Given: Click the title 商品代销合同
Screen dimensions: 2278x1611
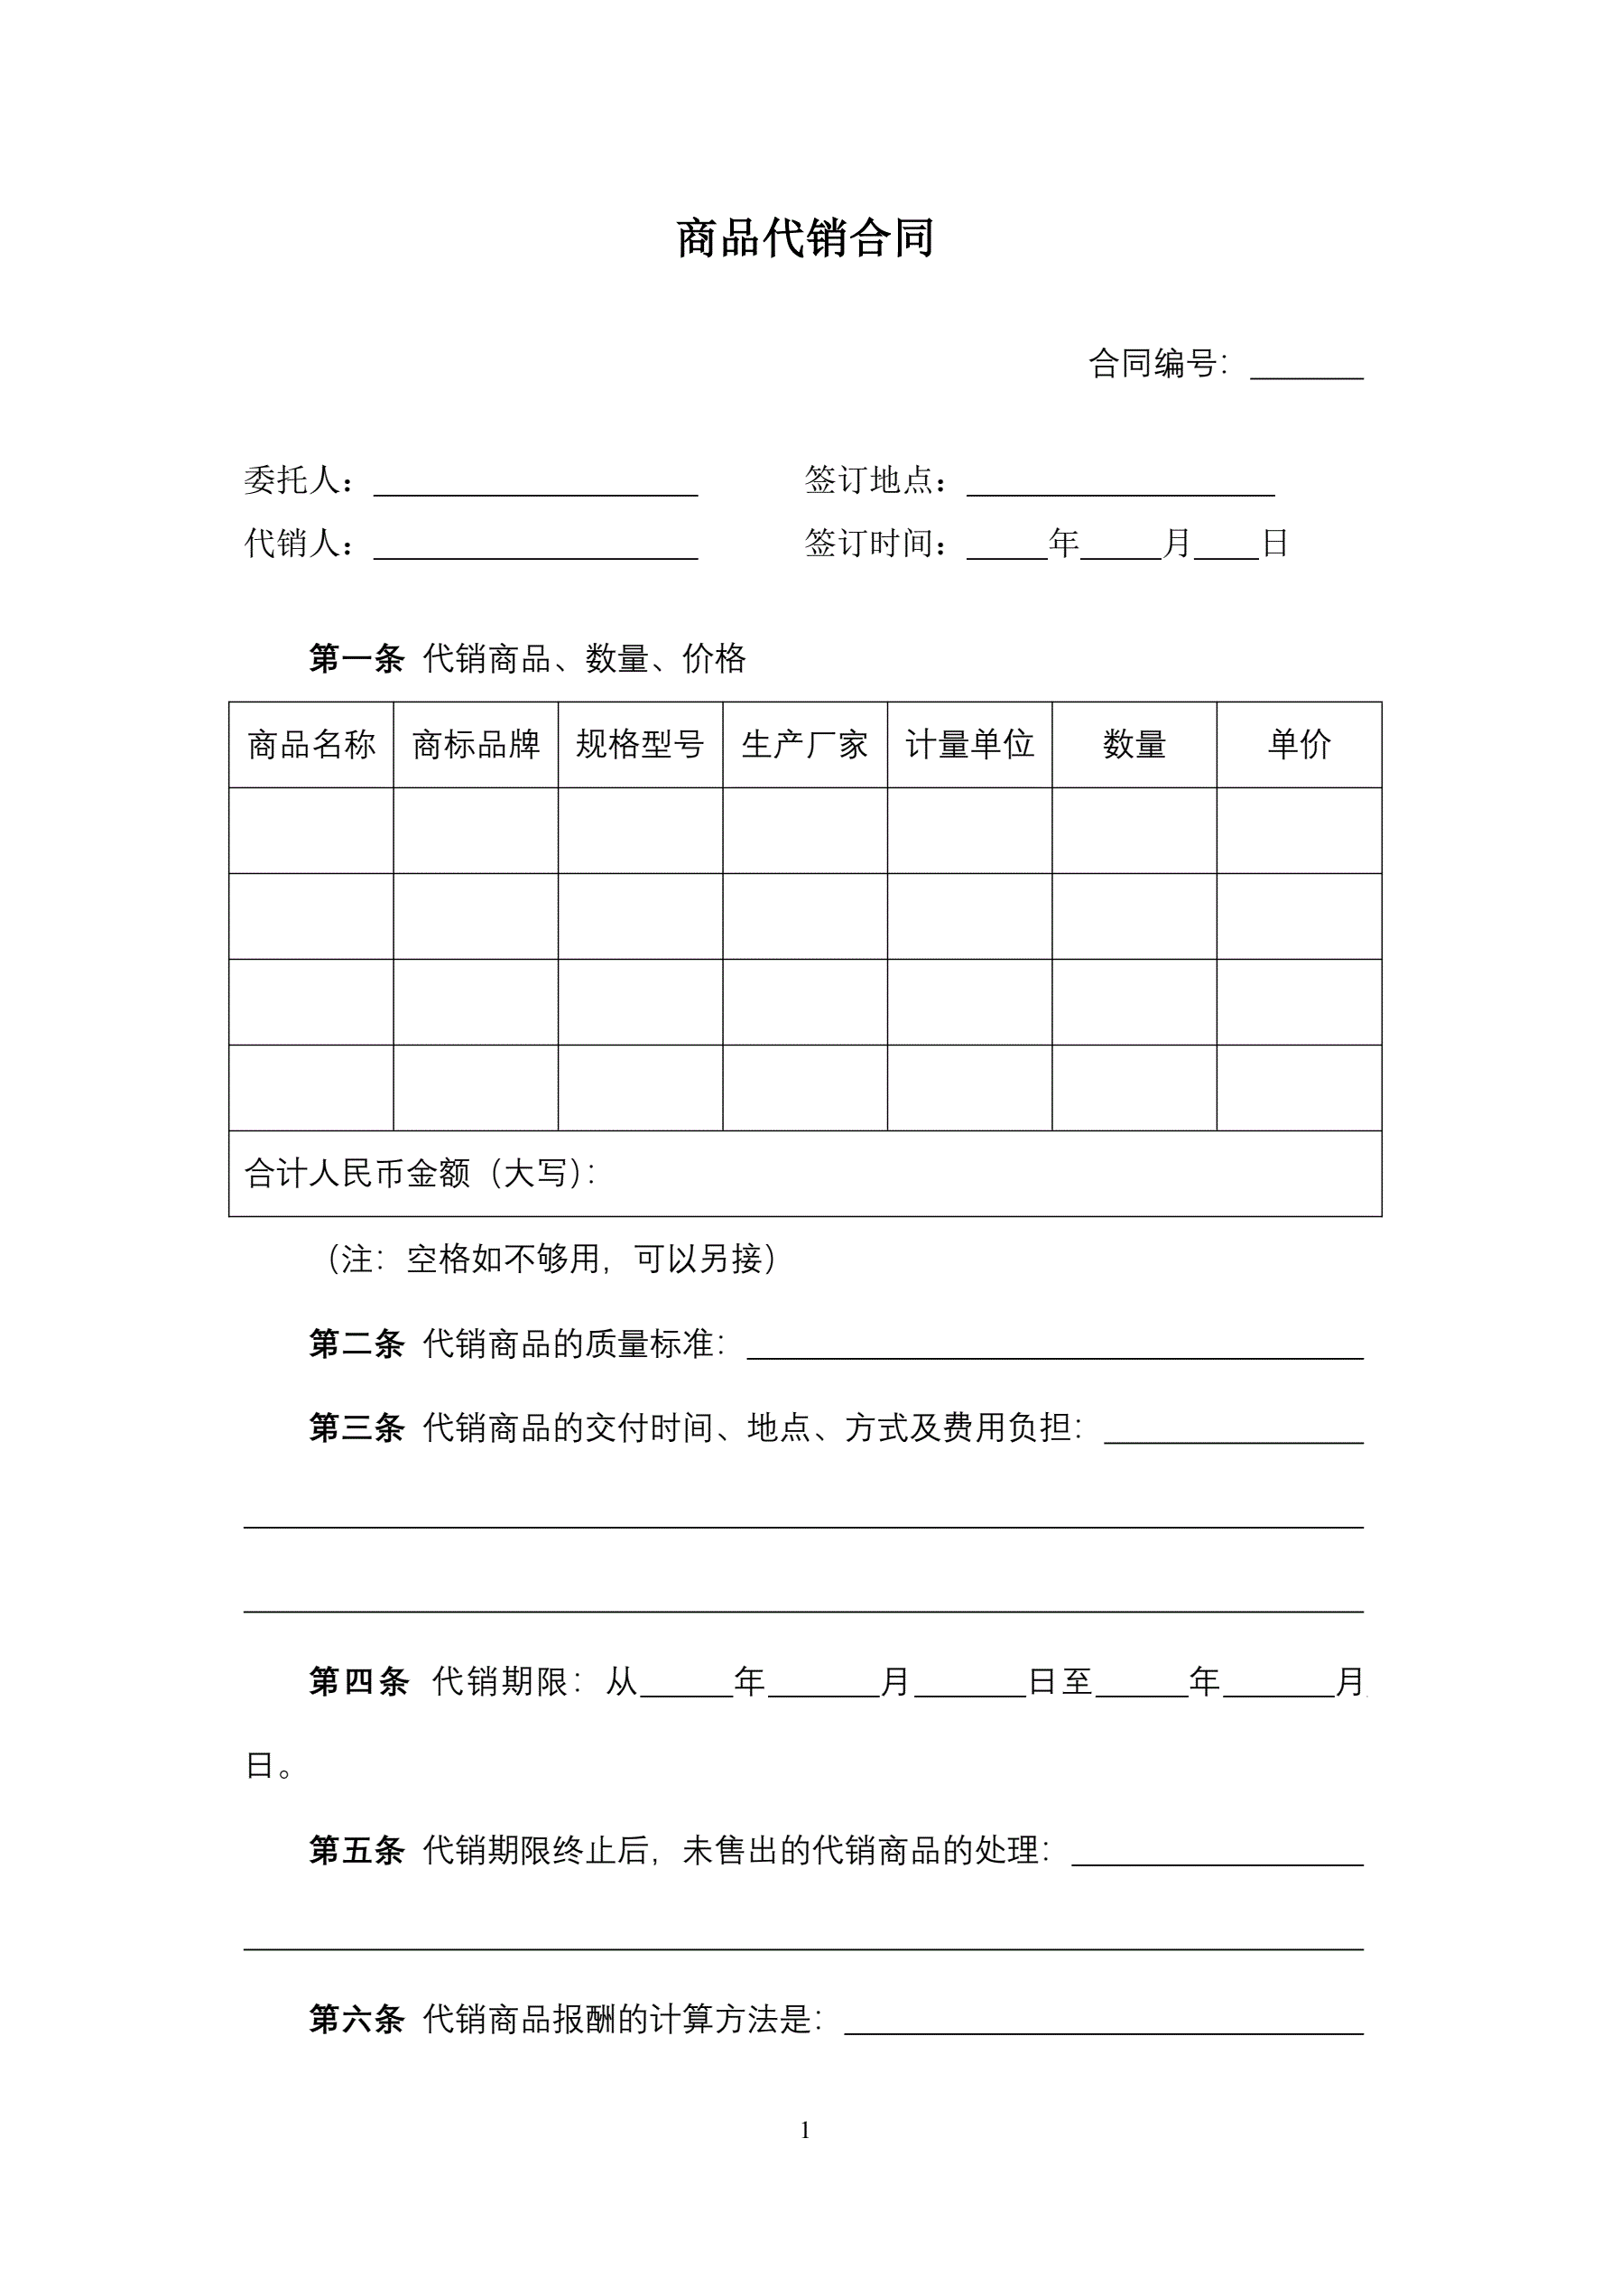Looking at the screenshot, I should [x=804, y=239].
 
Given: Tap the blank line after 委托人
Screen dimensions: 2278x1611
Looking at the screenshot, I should [x=536, y=486].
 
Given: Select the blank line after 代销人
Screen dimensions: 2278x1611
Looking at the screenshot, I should [x=536, y=550].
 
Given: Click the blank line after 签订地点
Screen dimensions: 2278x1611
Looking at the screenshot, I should [x=1120, y=486].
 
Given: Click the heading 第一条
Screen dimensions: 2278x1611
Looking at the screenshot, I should [x=356, y=658].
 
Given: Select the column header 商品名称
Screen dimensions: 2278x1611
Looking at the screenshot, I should [x=311, y=744].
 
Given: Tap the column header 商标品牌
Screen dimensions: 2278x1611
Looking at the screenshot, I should [x=477, y=744].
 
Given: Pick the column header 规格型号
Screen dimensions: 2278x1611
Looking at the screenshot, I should [x=640, y=744].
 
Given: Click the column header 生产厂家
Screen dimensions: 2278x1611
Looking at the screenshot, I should [x=804, y=744].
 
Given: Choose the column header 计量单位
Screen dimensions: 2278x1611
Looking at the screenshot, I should [x=969, y=744].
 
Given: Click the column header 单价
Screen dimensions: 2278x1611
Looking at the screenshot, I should [x=1299, y=744].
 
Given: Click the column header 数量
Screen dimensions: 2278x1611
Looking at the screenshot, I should [x=1134, y=744].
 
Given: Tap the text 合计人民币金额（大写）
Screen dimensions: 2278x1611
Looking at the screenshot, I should [x=420, y=1174].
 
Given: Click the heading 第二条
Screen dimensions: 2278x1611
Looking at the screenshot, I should [x=356, y=1344].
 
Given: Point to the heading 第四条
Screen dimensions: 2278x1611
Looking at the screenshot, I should [x=358, y=1682].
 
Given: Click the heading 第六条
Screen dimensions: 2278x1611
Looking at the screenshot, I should [x=356, y=2019].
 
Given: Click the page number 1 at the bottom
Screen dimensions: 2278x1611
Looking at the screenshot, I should [x=804, y=2130].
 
